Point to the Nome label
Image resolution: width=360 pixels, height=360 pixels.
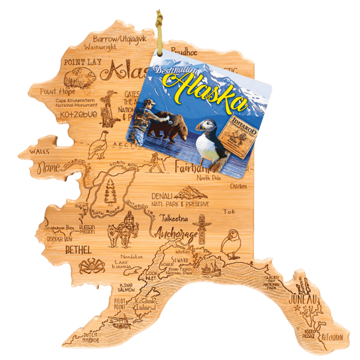pyautogui.click(x=50, y=170)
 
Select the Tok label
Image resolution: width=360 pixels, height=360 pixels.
pyautogui.click(x=229, y=212)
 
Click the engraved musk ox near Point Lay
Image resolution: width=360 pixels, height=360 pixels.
pyautogui.click(x=76, y=77)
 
